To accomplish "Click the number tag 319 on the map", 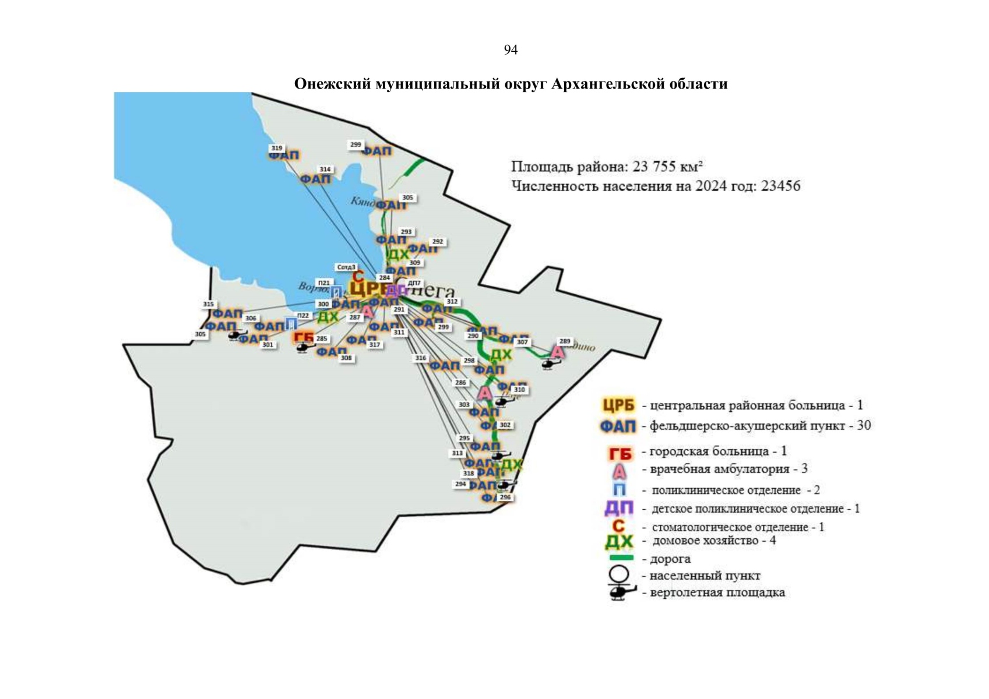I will click(x=276, y=148).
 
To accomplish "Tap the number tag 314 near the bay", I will click(x=325, y=170).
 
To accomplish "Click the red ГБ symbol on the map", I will click(x=304, y=338).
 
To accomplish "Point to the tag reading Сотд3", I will click(x=346, y=267).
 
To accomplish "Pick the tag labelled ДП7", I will click(x=414, y=283).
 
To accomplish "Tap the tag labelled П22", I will click(x=303, y=315).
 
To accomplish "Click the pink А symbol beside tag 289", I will click(x=558, y=352).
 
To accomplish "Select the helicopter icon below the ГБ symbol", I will click(x=303, y=348).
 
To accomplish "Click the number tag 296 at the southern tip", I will click(x=505, y=497).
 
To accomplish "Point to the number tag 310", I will click(x=519, y=389).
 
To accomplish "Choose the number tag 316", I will click(x=420, y=358).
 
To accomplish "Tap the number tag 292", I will click(x=437, y=241).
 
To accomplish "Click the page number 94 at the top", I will click(x=511, y=50).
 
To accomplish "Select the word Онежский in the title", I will click(x=332, y=84).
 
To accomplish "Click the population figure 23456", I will click(x=780, y=186).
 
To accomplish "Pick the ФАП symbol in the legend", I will click(x=618, y=426).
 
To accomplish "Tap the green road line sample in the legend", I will click(x=620, y=558).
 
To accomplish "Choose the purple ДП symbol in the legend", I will click(x=618, y=509).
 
